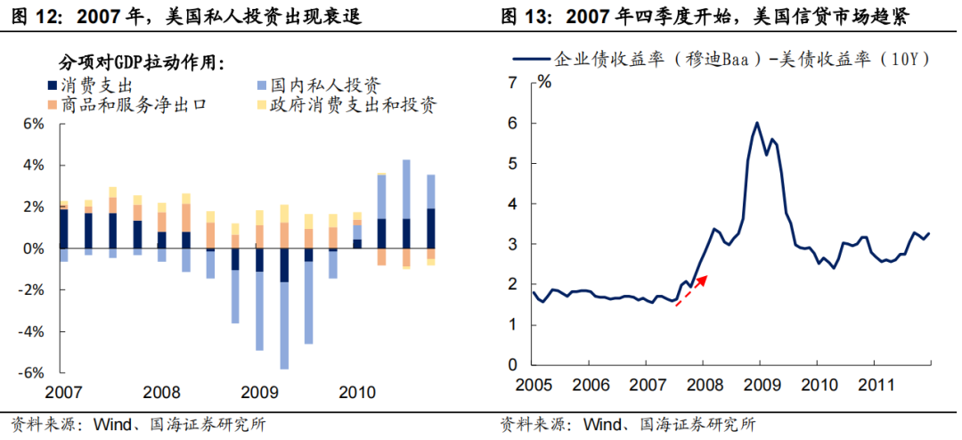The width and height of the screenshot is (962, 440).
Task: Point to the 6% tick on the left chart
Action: (x=34, y=124)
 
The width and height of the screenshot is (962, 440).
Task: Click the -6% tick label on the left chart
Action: (x=31, y=372)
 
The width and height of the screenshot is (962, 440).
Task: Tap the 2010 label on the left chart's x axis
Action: (x=355, y=392)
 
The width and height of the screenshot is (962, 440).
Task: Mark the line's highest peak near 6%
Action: (x=756, y=123)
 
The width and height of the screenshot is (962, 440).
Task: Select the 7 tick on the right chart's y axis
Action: (x=512, y=83)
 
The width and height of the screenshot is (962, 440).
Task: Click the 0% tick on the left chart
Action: (x=34, y=249)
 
